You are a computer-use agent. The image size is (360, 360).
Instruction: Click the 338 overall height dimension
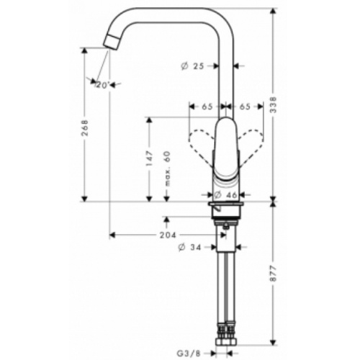coord(274,104)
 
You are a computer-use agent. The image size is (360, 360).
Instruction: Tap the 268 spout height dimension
coord(85,127)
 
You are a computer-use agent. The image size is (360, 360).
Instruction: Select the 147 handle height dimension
coord(149,158)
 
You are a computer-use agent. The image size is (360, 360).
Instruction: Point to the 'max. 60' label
coord(167,168)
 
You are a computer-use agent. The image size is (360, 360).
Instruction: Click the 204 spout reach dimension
coord(168,235)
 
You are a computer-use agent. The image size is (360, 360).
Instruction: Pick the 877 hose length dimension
coord(274,274)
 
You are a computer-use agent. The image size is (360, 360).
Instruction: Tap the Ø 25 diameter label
coord(192,66)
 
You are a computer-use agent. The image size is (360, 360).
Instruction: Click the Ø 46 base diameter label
coord(225,195)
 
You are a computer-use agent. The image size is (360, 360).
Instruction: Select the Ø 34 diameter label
coord(189,247)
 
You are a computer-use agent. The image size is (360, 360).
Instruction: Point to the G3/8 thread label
coord(189,354)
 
